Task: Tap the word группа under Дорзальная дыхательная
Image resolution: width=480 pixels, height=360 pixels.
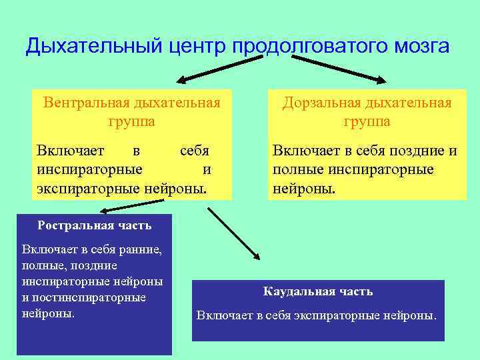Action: [x=367, y=122]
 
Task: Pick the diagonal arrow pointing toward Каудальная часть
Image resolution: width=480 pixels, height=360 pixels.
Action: [x=233, y=234]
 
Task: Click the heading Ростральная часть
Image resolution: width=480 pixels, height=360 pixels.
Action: [x=95, y=225]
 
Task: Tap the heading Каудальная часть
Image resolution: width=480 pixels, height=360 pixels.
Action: [x=318, y=291]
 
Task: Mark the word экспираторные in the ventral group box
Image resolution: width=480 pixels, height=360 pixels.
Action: [x=88, y=189]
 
